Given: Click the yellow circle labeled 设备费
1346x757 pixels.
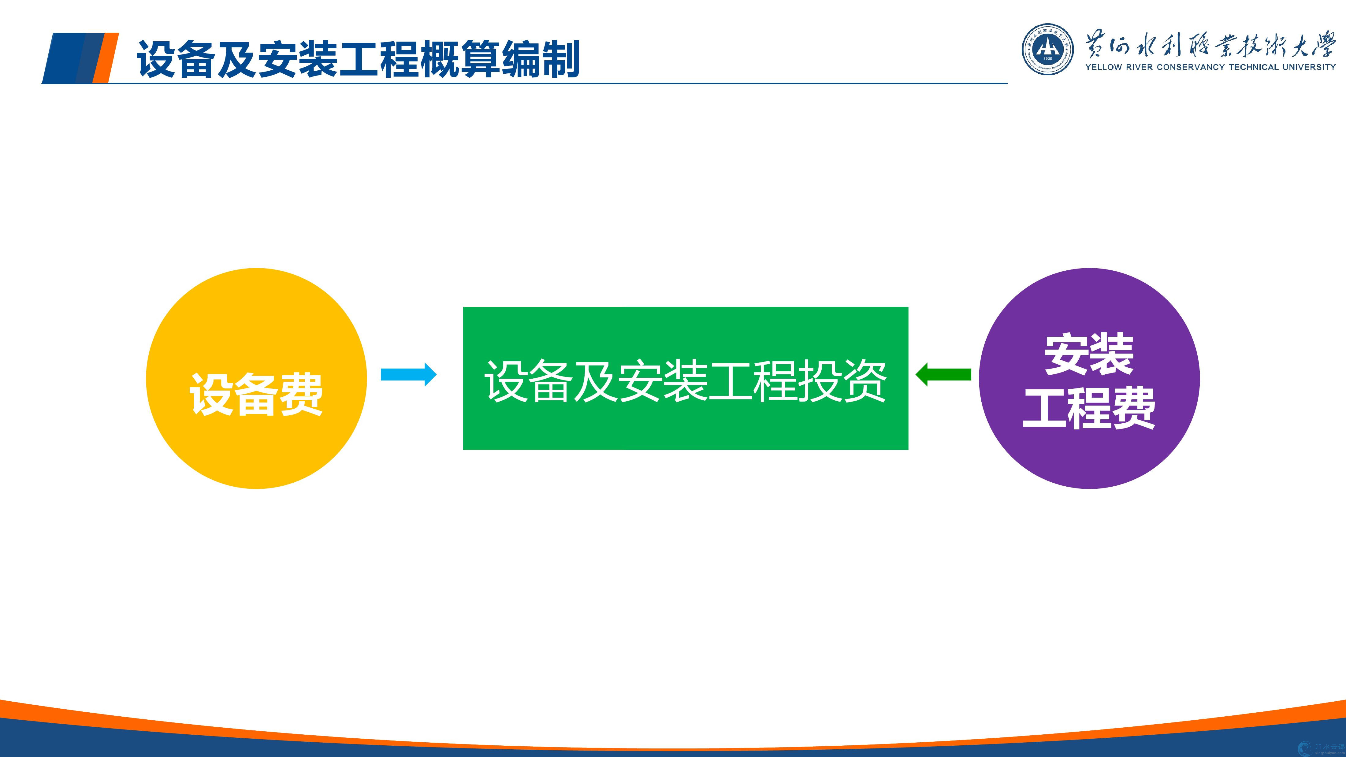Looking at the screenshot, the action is pyautogui.click(x=257, y=378).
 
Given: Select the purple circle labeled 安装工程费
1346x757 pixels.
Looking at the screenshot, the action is pyautogui.click(x=1089, y=378).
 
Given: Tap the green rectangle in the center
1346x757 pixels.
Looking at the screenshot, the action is pyautogui.click(x=686, y=378).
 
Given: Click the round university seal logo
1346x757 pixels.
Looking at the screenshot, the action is pyautogui.click(x=1048, y=49).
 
